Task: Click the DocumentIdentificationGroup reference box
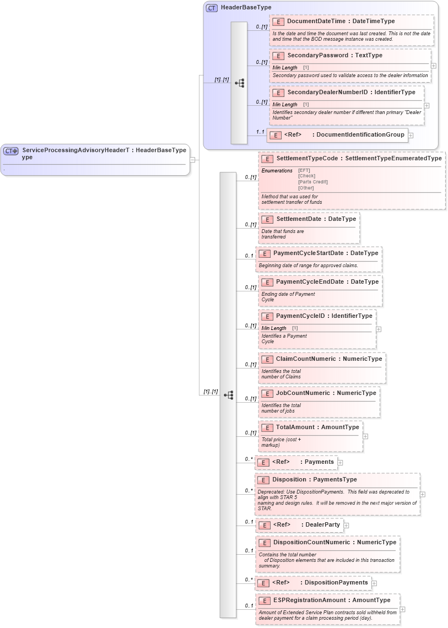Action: click(x=337, y=135)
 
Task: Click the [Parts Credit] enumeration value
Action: click(x=312, y=182)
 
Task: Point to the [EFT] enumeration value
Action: click(x=304, y=170)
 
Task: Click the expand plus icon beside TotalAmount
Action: click(x=365, y=436)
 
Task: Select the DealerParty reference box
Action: click(x=299, y=525)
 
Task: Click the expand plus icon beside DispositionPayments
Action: click(x=374, y=583)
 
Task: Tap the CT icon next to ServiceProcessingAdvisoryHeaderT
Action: click(x=11, y=150)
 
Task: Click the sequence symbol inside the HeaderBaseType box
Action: click(x=239, y=83)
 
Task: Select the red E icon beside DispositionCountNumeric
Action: click(x=264, y=543)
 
